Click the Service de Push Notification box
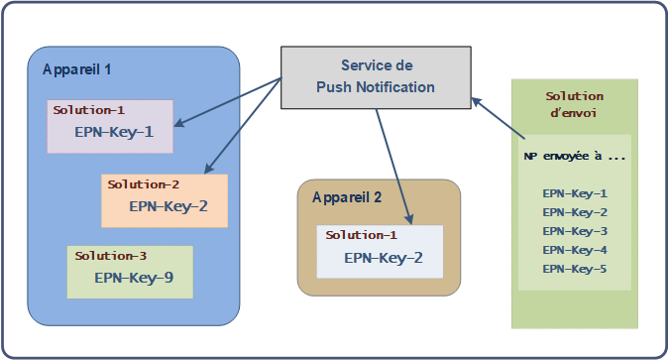[x=375, y=76]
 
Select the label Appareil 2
[x=347, y=196]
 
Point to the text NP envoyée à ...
[x=574, y=157]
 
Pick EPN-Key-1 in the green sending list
[x=575, y=193]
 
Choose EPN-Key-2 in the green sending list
[x=575, y=212]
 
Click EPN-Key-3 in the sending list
[x=575, y=231]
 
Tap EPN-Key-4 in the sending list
[x=575, y=250]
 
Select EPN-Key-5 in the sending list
[x=575, y=269]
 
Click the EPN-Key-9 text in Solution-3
[x=134, y=278]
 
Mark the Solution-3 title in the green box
[x=110, y=256]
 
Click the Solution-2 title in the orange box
[x=144, y=184]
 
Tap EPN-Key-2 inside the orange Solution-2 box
[x=168, y=206]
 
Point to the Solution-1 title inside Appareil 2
[x=361, y=235]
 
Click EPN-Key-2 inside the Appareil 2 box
[x=384, y=258]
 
